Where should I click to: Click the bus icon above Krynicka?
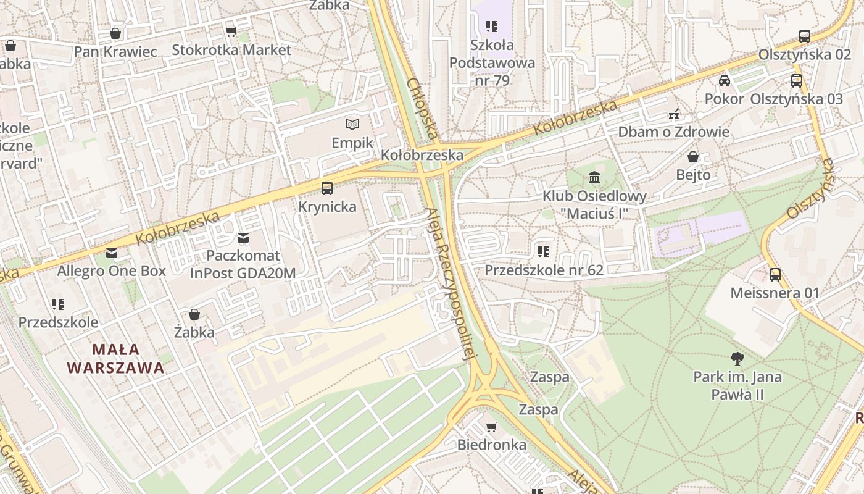point(327,188)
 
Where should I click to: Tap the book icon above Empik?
point(352,125)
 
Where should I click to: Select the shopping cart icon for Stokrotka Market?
point(231,31)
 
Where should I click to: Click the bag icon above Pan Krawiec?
point(115,33)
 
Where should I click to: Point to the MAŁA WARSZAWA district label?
point(115,359)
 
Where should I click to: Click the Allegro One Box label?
point(112,270)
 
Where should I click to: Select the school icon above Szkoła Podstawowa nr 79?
point(492,27)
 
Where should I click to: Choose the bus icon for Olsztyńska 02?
point(805,36)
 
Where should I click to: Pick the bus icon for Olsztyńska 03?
point(797,80)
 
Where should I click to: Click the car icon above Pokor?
point(725,81)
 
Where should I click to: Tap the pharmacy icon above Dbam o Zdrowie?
point(674,114)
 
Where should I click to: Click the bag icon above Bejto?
point(693,157)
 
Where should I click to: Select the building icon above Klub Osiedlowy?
point(594,178)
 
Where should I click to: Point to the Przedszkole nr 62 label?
point(544,270)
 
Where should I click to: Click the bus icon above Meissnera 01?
point(775,275)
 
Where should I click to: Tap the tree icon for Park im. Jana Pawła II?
point(737,358)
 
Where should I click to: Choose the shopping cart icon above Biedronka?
point(492,427)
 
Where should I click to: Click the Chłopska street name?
point(423,108)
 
